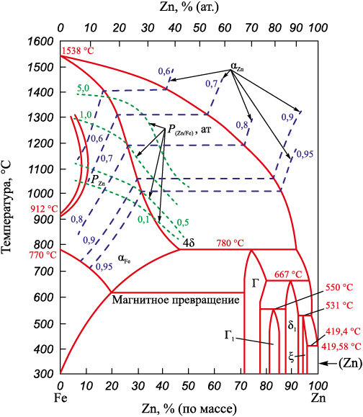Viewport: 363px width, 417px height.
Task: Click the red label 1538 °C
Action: (78, 50)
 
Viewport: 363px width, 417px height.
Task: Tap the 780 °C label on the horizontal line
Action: (230, 243)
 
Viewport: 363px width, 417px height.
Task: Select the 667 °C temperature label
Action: (288, 274)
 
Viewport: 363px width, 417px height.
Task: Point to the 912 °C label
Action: (44, 209)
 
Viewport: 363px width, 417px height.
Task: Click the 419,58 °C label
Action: (341, 346)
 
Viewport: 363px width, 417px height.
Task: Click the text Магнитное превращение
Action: (176, 300)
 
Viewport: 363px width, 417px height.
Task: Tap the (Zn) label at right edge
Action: (350, 363)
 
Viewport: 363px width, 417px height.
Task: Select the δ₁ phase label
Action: (292, 326)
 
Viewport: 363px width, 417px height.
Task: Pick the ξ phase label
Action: (292, 357)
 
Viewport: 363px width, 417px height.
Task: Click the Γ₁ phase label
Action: (229, 336)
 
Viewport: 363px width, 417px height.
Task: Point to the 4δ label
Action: (189, 243)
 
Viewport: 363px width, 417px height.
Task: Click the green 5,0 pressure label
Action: (84, 89)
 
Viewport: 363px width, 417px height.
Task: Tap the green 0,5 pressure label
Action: (182, 222)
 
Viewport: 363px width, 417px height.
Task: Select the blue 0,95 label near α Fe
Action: (104, 266)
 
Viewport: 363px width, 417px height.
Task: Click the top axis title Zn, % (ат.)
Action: (189, 7)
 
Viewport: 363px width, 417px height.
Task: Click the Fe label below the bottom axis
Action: (60, 398)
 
